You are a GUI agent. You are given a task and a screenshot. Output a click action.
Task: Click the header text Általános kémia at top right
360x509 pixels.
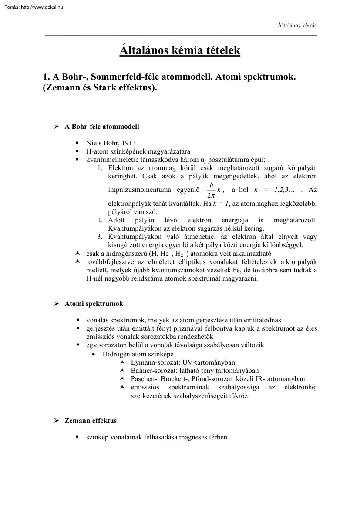click(x=297, y=26)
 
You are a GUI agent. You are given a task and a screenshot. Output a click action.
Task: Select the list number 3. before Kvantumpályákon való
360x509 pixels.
click(x=100, y=237)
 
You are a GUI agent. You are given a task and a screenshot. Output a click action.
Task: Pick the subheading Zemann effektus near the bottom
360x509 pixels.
click(x=91, y=421)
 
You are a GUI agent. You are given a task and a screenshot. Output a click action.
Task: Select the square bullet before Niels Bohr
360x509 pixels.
click(x=77, y=143)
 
